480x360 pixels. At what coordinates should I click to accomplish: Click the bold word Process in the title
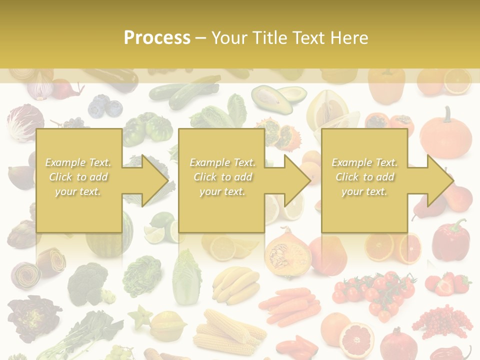pyautogui.click(x=157, y=37)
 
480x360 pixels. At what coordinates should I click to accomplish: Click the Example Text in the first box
pyautogui.click(x=78, y=162)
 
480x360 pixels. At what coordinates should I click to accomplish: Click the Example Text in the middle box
pyautogui.click(x=222, y=162)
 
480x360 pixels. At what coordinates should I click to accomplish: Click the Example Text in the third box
pyautogui.click(x=364, y=162)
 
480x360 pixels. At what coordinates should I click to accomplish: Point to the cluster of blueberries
pyautogui.click(x=105, y=106)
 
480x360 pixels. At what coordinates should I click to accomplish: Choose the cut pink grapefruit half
pyautogui.click(x=356, y=339)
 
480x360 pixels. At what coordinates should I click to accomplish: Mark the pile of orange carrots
pyautogui.click(x=290, y=305)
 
